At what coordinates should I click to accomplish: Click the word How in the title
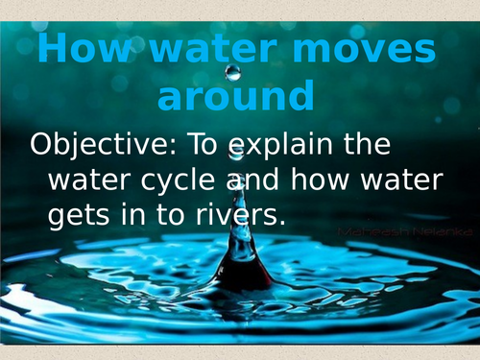pyautogui.click(x=78, y=52)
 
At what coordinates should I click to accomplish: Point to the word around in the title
pyautogui.click(x=235, y=96)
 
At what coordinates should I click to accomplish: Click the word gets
pyautogui.click(x=80, y=216)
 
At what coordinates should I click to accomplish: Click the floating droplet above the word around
pyautogui.click(x=232, y=72)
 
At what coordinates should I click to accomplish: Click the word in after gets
pyautogui.click(x=132, y=216)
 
